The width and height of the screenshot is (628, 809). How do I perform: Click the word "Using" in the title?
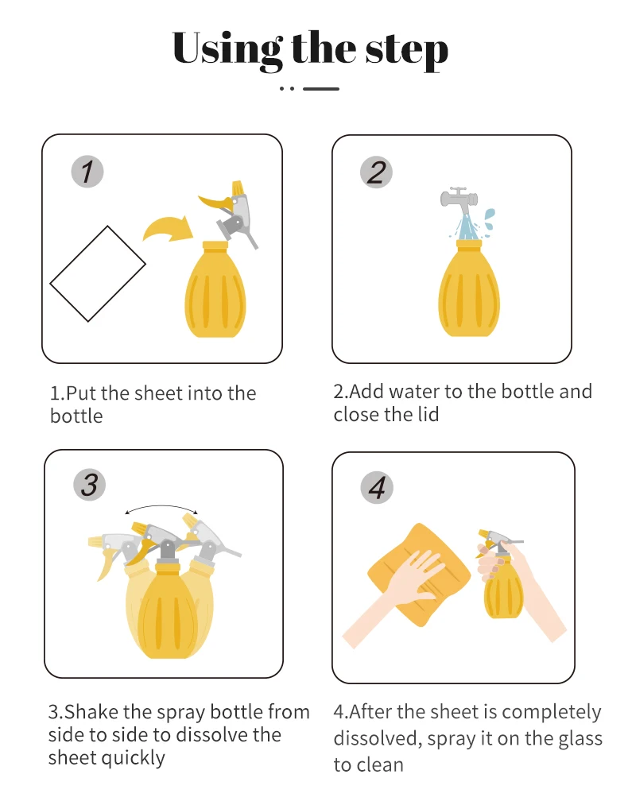227,49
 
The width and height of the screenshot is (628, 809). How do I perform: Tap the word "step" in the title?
407,51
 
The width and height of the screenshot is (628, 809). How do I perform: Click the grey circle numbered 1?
87,172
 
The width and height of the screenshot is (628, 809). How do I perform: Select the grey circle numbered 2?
376,172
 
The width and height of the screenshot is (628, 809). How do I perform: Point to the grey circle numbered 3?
89,485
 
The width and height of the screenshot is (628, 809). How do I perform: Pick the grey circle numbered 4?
377,488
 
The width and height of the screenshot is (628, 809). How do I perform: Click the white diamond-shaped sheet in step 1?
98,273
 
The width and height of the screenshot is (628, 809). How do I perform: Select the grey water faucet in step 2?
459,200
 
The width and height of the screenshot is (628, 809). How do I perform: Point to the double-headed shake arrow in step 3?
161,508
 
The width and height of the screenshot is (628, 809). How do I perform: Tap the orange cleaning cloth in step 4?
419,575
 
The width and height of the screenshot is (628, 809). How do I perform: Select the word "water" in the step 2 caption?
413,392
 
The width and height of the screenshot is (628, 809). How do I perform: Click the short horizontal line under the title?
321,89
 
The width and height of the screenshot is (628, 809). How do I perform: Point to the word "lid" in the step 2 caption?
427,414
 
